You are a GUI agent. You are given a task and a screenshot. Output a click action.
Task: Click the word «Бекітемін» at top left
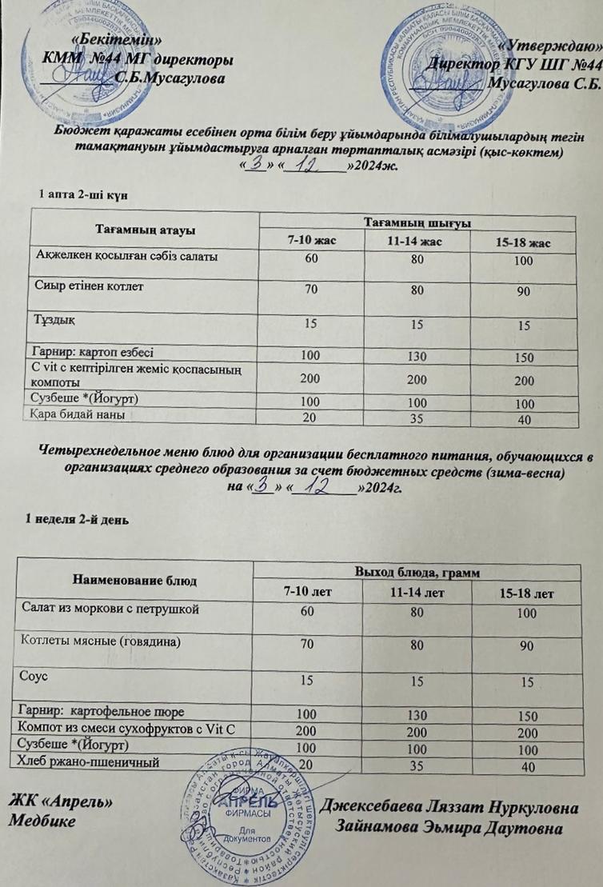pos(120,40)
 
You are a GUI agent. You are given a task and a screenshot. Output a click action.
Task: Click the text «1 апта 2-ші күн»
pos(84,194)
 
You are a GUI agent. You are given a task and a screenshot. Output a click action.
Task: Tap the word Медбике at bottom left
pos(42,821)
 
